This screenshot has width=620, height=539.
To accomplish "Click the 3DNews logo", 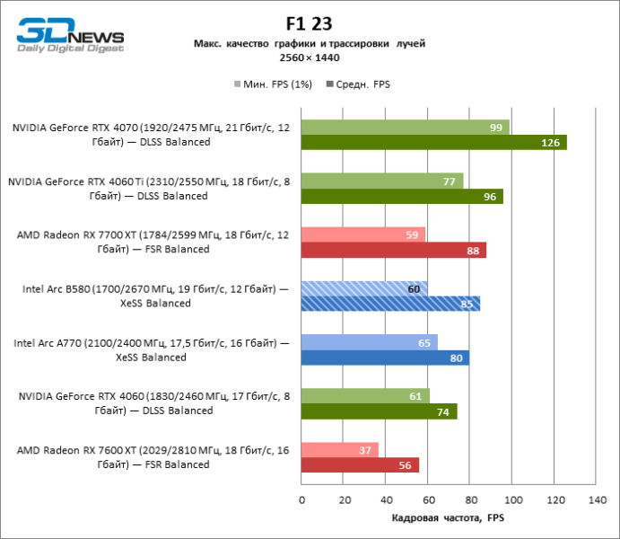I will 70,36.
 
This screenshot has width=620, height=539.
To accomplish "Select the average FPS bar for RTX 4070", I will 434,142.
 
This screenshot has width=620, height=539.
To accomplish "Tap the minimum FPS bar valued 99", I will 406,127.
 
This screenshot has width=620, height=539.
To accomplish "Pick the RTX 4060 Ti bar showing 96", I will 402,196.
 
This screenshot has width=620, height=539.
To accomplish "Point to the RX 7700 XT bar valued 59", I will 363,234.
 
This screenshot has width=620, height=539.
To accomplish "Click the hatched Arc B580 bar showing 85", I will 390,304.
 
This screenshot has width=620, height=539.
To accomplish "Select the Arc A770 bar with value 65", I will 370,342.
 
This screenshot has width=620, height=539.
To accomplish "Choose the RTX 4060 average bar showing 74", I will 380,411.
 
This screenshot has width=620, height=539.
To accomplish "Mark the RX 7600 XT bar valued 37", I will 340,450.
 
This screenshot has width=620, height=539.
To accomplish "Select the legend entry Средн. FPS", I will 362,84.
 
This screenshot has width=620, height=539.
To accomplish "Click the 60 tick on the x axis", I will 428,499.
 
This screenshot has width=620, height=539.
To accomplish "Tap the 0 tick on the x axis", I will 301,499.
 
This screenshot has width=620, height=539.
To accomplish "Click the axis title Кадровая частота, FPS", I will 449,518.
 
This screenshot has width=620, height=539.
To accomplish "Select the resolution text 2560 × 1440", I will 310,57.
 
